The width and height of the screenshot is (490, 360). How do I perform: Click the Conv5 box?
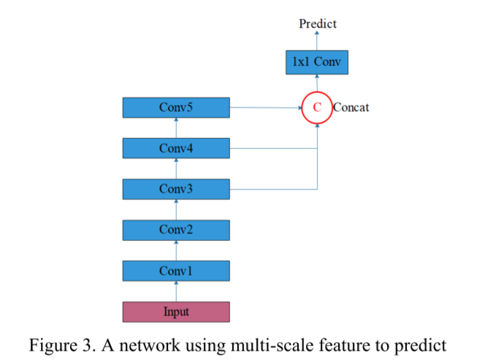pos(176,108)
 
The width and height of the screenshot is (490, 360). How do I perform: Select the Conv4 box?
pos(176,148)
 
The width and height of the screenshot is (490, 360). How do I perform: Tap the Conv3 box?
pos(176,189)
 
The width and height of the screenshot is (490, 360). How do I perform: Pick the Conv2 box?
pos(176,230)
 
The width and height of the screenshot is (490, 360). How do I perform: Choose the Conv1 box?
pos(176,271)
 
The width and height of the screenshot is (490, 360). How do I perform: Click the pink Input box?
pos(176,312)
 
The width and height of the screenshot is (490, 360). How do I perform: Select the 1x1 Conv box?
pos(317,63)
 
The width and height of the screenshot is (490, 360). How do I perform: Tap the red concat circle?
pos(317,108)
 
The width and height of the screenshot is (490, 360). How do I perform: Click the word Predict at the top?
pos(318,24)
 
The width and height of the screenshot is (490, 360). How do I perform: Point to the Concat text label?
pos(351,108)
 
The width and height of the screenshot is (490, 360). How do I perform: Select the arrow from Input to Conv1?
pos(176,292)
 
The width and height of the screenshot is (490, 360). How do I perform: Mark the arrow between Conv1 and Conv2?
pos(176,250)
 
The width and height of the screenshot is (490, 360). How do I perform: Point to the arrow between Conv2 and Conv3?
pos(176,210)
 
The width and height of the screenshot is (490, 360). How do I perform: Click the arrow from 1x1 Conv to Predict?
pos(317,41)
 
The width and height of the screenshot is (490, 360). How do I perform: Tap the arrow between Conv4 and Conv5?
pos(176,128)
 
